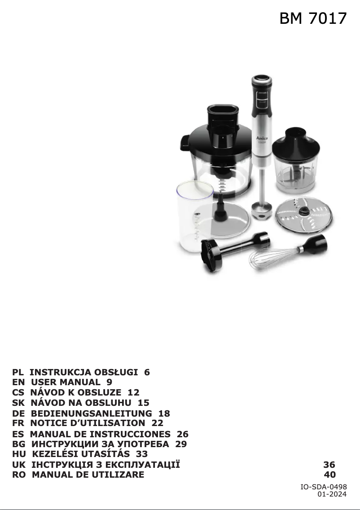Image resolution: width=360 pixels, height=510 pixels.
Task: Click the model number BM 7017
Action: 313,18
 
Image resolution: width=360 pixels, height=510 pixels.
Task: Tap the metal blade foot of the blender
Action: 262,211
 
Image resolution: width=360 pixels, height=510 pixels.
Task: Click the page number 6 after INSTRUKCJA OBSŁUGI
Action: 147,372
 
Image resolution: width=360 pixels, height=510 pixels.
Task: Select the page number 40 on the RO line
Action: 329,475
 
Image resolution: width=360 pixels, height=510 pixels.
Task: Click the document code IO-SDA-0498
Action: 323,487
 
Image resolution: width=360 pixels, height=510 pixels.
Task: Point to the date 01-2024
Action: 332,494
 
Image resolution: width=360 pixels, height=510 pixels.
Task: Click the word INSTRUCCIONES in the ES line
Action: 131,434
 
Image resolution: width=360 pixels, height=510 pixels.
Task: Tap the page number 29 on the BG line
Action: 181,444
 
